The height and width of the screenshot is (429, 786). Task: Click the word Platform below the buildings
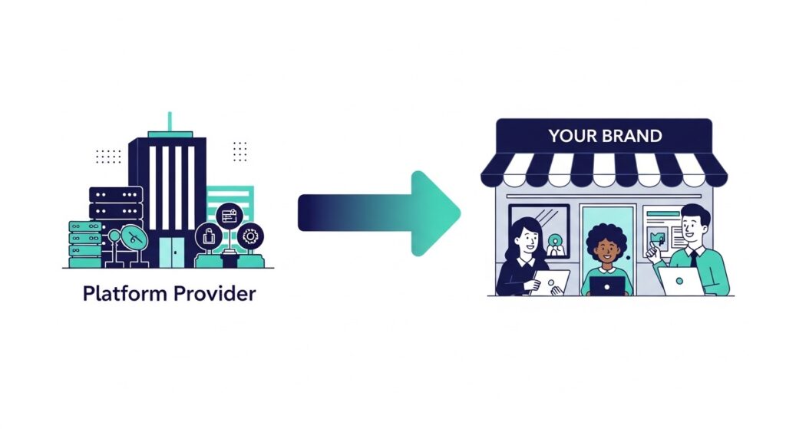pyautogui.click(x=119, y=294)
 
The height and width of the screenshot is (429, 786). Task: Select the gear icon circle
pyautogui.click(x=249, y=236)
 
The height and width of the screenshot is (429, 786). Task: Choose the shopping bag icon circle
pyautogui.click(x=208, y=237)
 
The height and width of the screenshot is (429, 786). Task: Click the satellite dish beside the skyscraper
pyautogui.click(x=132, y=238)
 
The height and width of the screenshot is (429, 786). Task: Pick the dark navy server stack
pyautogui.click(x=116, y=203)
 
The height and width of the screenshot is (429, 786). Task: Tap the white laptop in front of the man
pyautogui.click(x=680, y=281)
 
